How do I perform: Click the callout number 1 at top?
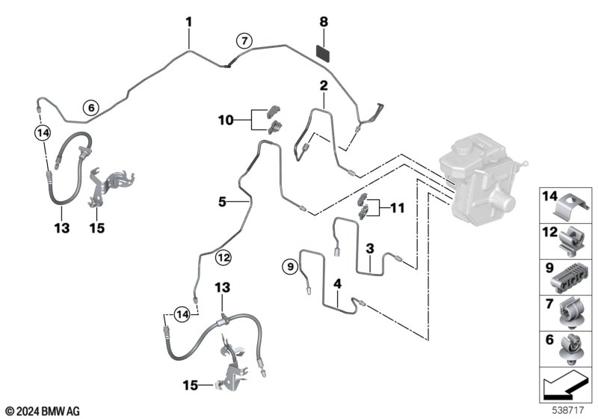pos(189,22)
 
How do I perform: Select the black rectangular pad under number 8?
pos(324,52)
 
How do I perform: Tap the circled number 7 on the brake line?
pos(243,41)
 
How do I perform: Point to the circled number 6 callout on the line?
pos(90,108)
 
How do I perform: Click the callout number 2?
pos(324,85)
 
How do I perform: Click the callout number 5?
pos(221,201)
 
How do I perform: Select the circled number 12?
pos(223,258)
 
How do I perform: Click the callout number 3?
pos(369,248)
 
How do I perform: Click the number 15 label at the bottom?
pos(191,385)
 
